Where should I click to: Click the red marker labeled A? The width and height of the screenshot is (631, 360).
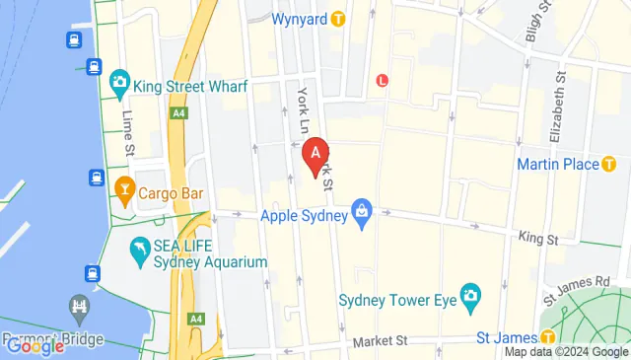tap(315, 156)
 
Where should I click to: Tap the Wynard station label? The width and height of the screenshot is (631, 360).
tap(299, 18)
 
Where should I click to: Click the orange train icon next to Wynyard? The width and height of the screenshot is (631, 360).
tap(338, 18)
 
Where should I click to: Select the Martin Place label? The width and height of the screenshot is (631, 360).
tap(558, 164)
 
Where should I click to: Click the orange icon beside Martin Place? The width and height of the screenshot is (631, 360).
tap(609, 164)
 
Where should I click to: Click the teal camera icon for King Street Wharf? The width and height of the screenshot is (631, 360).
tap(120, 80)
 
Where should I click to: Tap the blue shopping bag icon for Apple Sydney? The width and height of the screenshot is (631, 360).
tap(363, 213)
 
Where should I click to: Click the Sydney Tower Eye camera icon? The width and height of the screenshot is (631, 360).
tap(471, 295)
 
